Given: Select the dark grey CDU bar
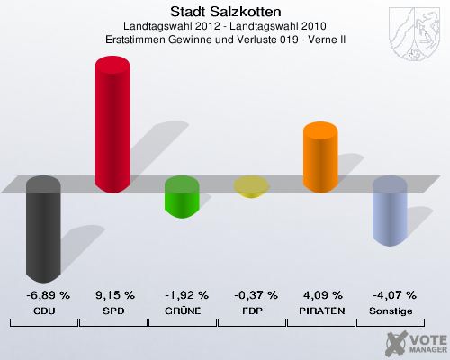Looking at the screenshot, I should [x=44, y=229].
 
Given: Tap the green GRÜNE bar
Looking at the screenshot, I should [x=182, y=197].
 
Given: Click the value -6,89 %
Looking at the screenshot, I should [x=44, y=294].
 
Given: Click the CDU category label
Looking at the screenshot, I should [x=44, y=310].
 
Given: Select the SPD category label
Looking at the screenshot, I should [x=113, y=310].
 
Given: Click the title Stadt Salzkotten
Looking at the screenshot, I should [x=225, y=12].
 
